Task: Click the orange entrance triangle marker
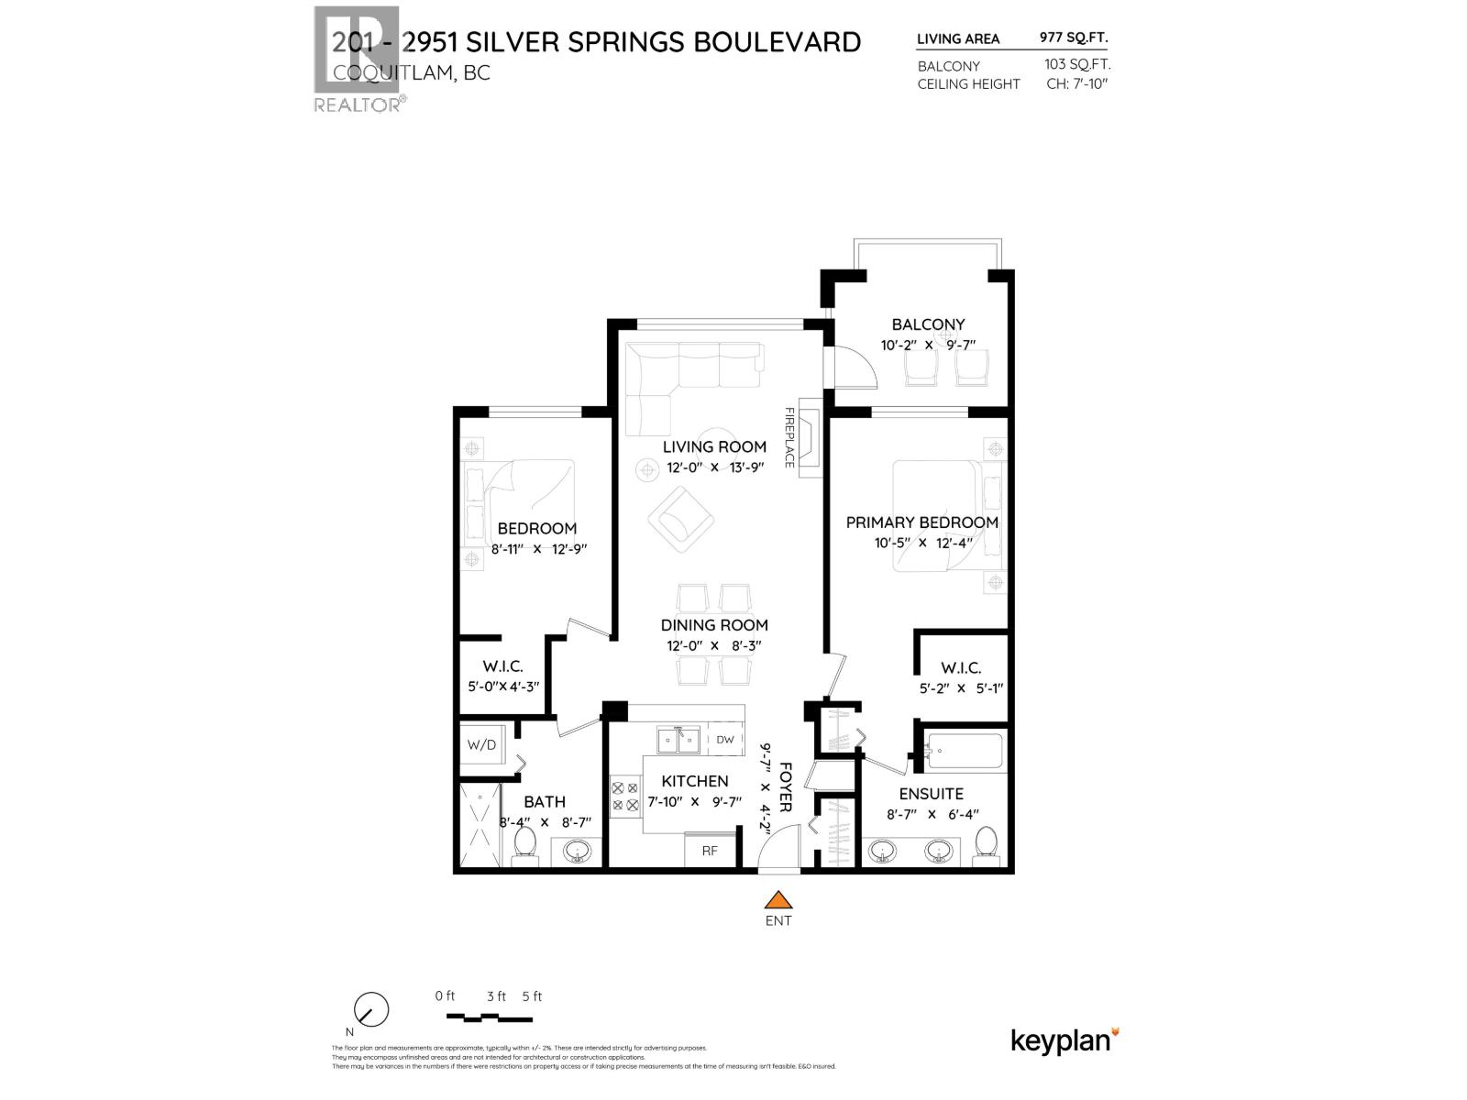(778, 899)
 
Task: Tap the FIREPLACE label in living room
(789, 437)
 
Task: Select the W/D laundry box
(481, 744)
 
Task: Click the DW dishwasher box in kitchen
(724, 740)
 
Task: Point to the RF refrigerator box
(710, 851)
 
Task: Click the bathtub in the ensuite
(965, 752)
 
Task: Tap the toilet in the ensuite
(987, 842)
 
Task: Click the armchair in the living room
(681, 520)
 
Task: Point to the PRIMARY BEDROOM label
(921, 522)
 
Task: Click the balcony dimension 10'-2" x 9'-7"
(928, 346)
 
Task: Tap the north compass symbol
(370, 1011)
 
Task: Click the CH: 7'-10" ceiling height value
(1077, 83)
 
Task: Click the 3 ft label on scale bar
(496, 996)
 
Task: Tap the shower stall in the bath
(479, 825)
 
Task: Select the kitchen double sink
(678, 740)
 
